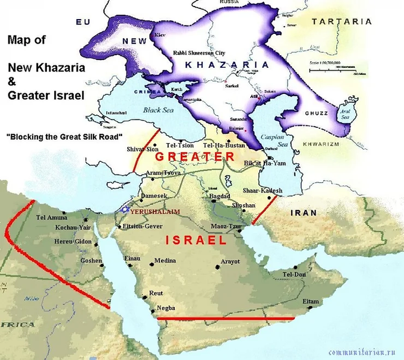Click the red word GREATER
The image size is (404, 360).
coord(195,157)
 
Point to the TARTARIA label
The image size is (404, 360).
coord(342,21)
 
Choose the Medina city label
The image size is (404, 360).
coord(165,261)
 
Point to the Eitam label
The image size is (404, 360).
coord(310,302)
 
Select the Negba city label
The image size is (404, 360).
coord(166,308)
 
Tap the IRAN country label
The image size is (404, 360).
coord(305,212)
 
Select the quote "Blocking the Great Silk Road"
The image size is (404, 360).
coord(64,136)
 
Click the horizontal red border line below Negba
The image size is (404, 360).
coord(226,318)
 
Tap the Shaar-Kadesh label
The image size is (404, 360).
coord(263,191)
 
